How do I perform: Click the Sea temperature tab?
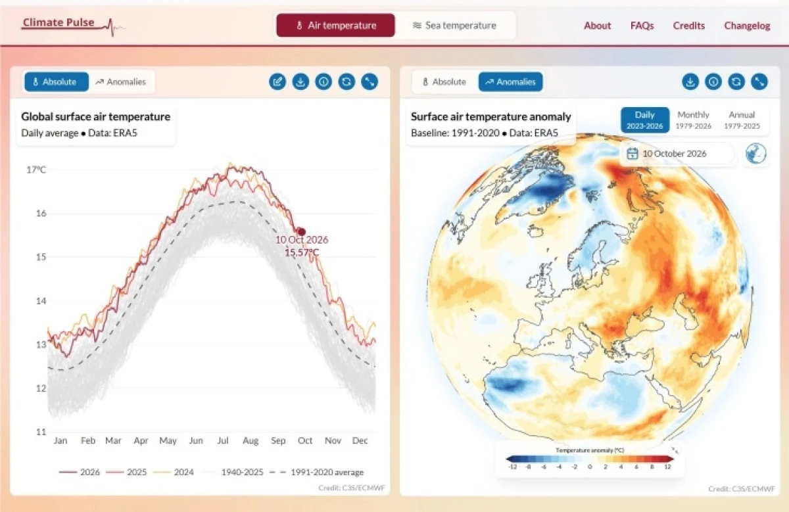point(454,26)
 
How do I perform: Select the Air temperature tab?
point(336,26)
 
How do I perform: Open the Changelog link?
point(747,26)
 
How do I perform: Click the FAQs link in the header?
point(642,26)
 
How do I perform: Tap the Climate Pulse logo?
point(72,26)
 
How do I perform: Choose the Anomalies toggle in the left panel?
point(121,81)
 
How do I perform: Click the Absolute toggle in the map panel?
point(444,81)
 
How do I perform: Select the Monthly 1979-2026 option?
point(693,120)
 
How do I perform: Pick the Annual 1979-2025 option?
point(742,120)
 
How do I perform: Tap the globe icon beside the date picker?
point(756,154)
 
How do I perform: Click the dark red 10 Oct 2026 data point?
point(301,231)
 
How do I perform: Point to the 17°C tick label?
point(36,170)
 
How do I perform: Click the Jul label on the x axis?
point(223,440)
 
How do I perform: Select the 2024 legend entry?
point(174,472)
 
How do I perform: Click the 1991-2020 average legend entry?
point(316,472)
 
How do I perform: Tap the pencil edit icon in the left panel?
point(277,81)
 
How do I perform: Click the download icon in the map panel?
point(690,81)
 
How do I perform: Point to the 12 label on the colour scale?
point(668,467)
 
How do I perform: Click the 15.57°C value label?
point(302,252)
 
